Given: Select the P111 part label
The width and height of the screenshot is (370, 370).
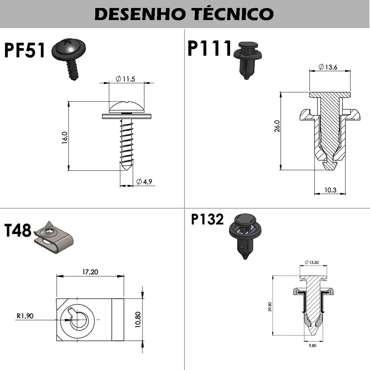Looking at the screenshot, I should click(x=209, y=48).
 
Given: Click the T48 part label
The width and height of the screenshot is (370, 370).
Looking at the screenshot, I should click(x=18, y=230).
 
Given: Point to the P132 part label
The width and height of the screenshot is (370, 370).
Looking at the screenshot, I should click(x=207, y=220).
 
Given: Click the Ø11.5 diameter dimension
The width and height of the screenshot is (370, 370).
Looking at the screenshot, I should click(x=126, y=79).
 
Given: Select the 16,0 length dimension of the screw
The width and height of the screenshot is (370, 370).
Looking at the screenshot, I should click(x=64, y=138).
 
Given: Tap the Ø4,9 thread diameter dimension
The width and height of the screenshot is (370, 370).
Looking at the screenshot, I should click(x=144, y=182).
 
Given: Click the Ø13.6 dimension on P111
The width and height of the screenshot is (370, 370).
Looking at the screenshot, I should click(x=328, y=67).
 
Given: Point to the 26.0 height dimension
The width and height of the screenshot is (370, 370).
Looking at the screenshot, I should click(x=277, y=126).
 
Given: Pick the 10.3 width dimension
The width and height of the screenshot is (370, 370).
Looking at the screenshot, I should click(x=330, y=190).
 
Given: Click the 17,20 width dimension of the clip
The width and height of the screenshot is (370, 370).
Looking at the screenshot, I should click(x=90, y=272).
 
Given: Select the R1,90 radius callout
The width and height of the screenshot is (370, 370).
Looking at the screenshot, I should click(x=25, y=316).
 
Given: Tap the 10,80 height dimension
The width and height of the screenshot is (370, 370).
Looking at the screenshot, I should click(x=138, y=320).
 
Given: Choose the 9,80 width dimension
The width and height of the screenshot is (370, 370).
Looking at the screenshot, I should click(x=312, y=346).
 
